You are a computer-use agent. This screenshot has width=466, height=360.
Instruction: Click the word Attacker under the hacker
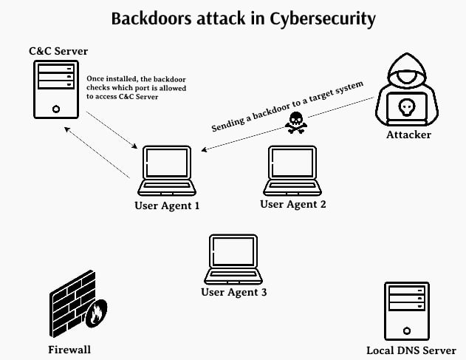[408, 135]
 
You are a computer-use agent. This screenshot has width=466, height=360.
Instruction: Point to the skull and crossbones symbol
[295, 123]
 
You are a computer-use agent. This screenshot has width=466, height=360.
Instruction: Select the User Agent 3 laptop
[233, 259]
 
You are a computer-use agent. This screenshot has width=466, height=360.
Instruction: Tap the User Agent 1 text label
[167, 205]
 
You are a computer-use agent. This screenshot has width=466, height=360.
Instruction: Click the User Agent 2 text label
[293, 203]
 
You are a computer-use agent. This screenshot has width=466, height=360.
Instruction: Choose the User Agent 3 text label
[233, 292]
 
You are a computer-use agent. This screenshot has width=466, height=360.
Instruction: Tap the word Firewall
[69, 349]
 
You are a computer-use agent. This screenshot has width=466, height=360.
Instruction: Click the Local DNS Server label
[411, 350]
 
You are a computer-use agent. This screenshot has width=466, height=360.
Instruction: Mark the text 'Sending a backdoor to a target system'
[287, 106]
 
